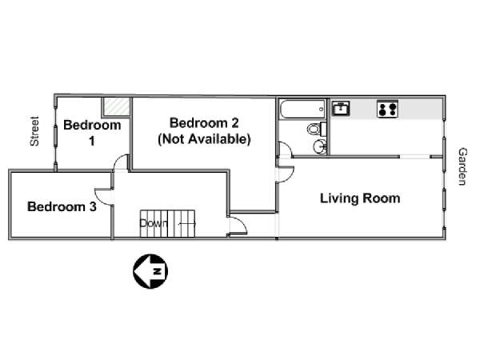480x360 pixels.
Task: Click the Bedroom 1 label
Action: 92,133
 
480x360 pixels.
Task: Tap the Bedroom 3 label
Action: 62,206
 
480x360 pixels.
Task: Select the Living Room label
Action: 360,198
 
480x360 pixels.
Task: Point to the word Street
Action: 34,131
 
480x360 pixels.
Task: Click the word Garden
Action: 462,166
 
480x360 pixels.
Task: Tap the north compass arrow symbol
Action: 150,271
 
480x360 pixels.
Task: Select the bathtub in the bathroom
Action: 302,109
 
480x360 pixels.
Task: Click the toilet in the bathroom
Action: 317,129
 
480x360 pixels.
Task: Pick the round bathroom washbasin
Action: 320,146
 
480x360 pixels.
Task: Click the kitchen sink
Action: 341,108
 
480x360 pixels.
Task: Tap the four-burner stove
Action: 387,109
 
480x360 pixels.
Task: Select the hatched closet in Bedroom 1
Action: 116,106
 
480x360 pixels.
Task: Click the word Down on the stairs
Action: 154,223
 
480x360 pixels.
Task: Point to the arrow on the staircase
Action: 186,224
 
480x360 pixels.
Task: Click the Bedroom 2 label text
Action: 204,123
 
